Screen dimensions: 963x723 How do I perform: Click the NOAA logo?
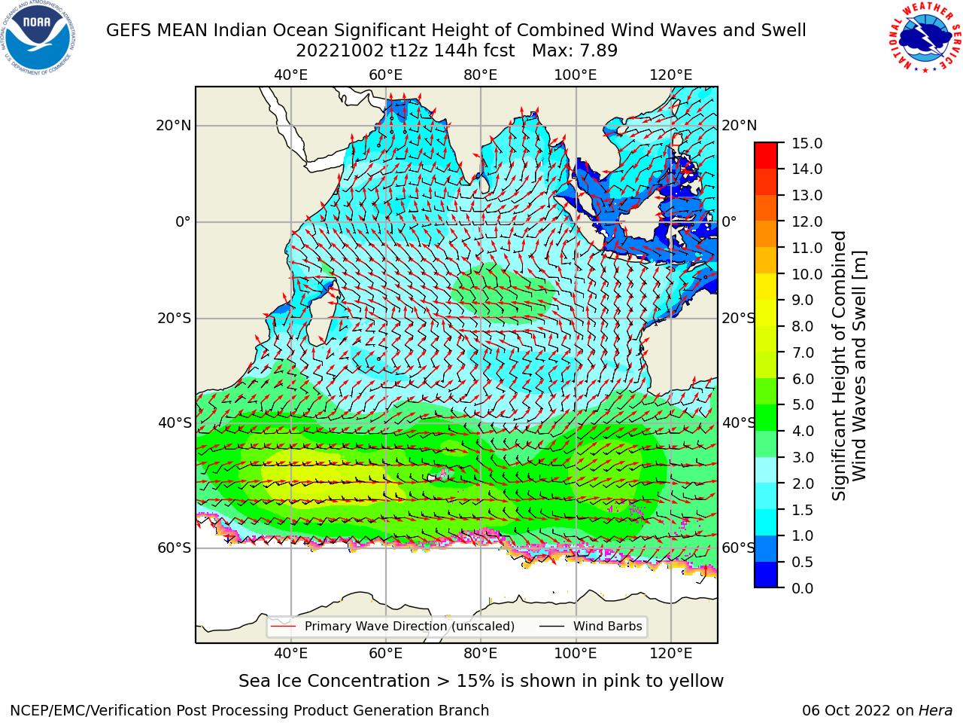[38, 38]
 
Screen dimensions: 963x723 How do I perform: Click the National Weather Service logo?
[925, 38]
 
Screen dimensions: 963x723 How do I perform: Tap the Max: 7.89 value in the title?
[575, 51]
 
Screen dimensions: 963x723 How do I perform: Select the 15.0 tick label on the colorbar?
[807, 143]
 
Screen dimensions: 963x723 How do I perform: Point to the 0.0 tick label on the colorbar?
[803, 588]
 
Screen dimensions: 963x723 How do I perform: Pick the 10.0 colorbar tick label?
[807, 274]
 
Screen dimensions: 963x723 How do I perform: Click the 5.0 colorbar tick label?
[803, 404]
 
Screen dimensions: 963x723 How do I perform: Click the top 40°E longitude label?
[291, 75]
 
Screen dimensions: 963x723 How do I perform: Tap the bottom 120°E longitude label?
[671, 654]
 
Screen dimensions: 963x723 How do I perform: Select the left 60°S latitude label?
[175, 548]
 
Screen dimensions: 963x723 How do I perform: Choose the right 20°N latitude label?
[740, 126]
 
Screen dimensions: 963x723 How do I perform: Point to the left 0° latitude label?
[184, 222]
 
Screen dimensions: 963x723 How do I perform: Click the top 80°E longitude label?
[481, 75]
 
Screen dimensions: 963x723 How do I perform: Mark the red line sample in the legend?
[283, 627]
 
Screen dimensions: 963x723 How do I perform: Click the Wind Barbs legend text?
[608, 627]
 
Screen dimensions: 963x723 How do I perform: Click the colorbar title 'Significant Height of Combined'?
[839, 366]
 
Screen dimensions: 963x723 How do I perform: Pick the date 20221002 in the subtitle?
[340, 51]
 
